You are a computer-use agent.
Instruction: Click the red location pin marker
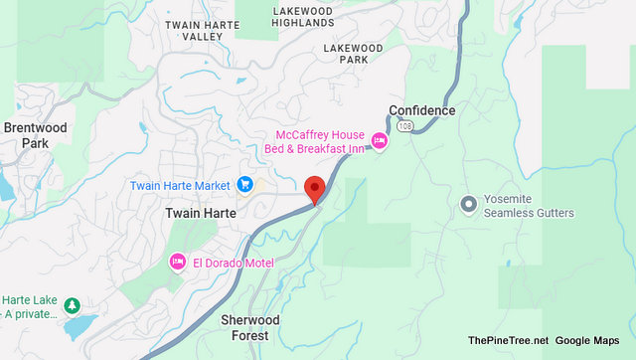(315, 188)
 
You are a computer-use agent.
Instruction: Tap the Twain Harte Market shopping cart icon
(243, 185)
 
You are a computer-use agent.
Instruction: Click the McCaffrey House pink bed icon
(379, 141)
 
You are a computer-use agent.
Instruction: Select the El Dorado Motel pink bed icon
(178, 263)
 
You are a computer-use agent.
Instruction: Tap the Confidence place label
(421, 110)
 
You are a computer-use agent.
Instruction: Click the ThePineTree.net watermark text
(507, 340)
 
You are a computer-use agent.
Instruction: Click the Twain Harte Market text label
(180, 185)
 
